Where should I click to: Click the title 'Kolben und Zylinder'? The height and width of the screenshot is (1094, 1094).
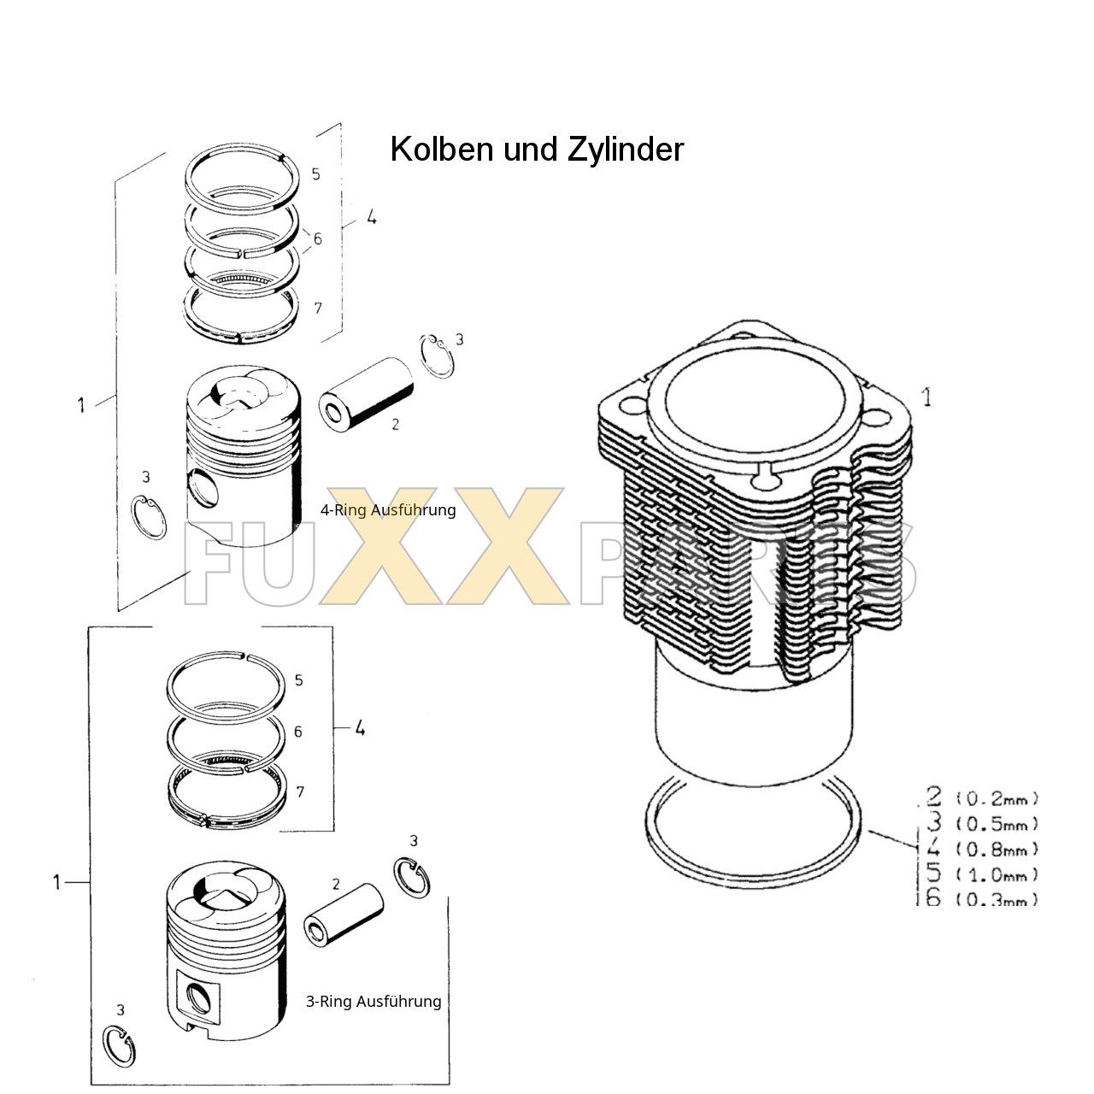(537, 150)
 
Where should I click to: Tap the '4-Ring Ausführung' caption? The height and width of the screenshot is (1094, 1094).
(388, 510)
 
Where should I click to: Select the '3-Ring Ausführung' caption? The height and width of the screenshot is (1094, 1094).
(373, 1001)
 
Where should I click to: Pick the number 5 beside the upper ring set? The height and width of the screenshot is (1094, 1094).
(315, 174)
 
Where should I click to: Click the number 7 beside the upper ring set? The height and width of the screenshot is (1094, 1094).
(318, 308)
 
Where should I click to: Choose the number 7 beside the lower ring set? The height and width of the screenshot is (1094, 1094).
(300, 792)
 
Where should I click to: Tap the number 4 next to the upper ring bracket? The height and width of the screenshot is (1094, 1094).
(371, 218)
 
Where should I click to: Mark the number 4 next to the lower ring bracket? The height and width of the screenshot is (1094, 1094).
(360, 728)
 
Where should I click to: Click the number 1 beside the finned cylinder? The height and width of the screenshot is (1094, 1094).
(926, 397)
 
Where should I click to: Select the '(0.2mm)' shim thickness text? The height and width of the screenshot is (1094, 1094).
(997, 799)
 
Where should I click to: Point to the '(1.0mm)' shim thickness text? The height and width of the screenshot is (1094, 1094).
(997, 874)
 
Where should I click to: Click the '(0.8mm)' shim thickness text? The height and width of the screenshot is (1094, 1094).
(997, 850)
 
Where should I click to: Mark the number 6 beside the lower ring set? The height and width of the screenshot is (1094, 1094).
(297, 732)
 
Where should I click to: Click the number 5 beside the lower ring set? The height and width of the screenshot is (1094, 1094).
(298, 680)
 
